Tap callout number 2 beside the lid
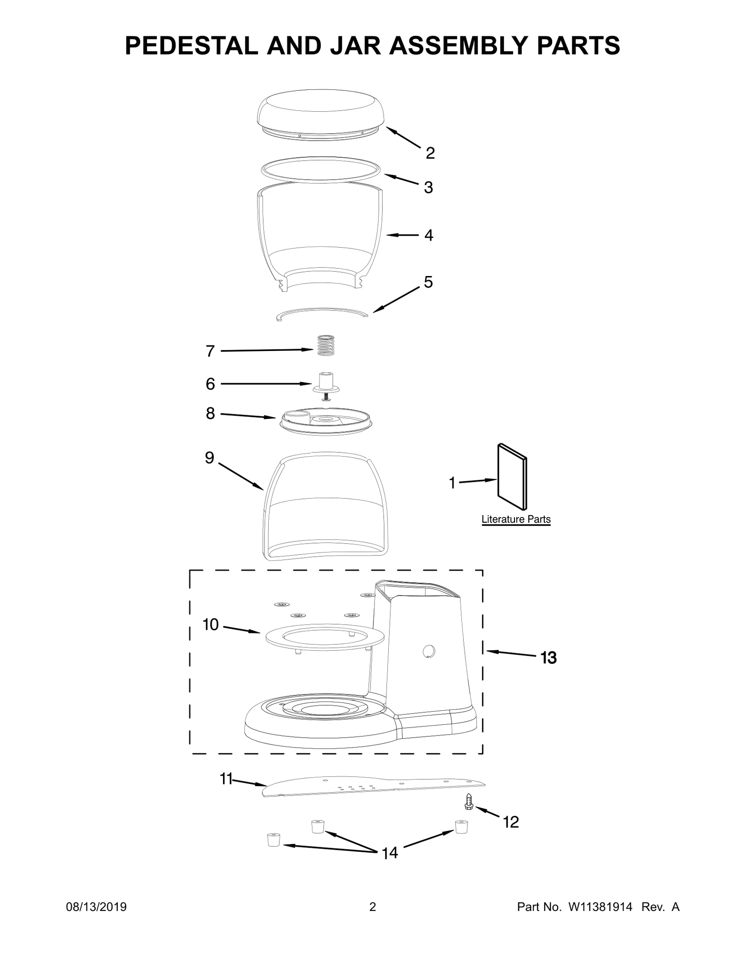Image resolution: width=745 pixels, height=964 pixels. point(430,153)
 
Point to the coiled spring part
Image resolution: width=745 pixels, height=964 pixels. point(326,345)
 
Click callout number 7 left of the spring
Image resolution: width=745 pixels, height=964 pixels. point(210,351)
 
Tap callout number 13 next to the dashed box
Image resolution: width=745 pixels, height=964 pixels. point(549,658)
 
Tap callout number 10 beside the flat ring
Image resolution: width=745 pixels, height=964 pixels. point(210,624)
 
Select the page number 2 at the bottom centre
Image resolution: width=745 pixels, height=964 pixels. point(372,920)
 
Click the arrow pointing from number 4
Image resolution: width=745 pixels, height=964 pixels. point(402,236)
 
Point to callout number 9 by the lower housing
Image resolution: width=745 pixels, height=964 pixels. point(210,458)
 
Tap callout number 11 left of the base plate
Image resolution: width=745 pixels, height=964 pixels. point(226,779)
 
